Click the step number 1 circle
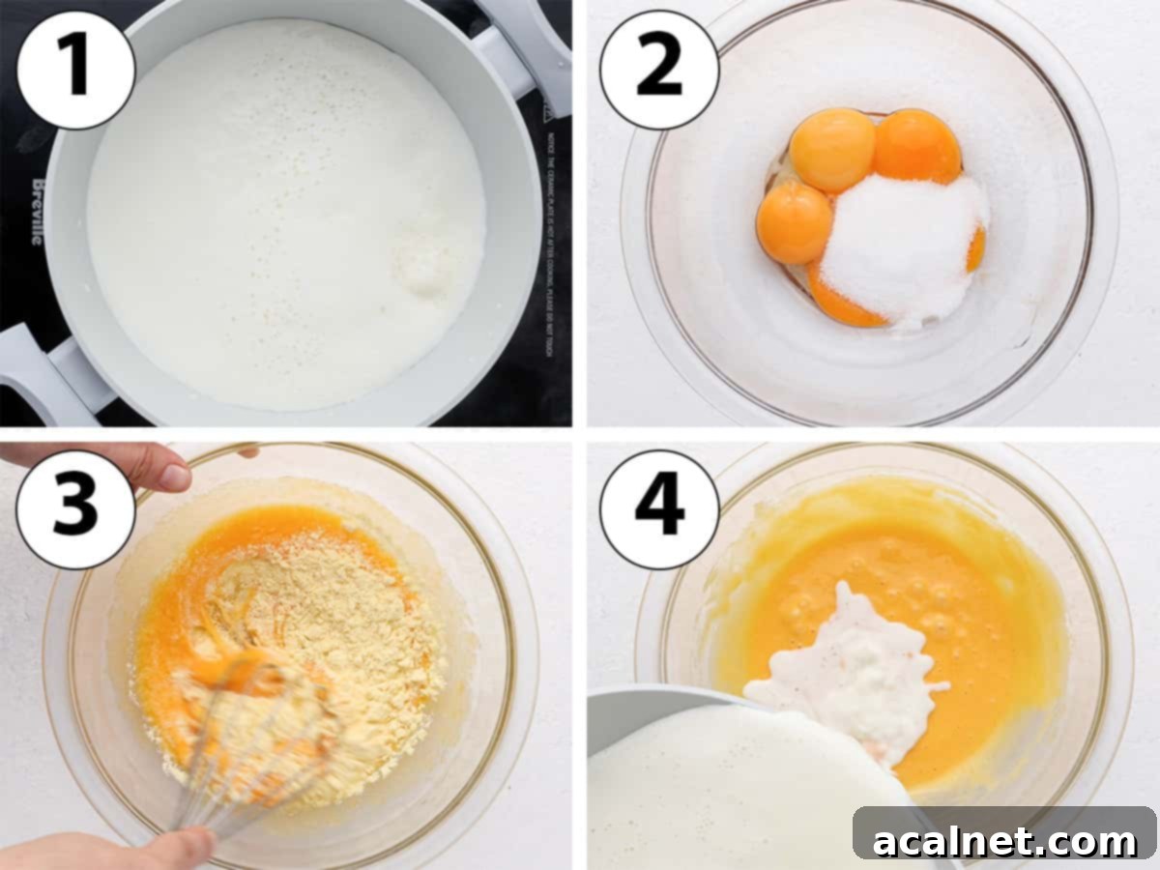pos(75,70)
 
